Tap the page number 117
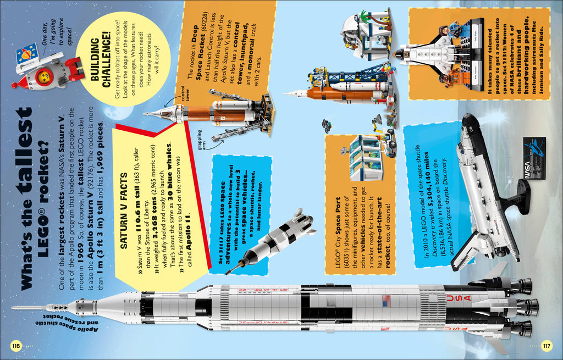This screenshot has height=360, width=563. (x=547, y=346)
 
